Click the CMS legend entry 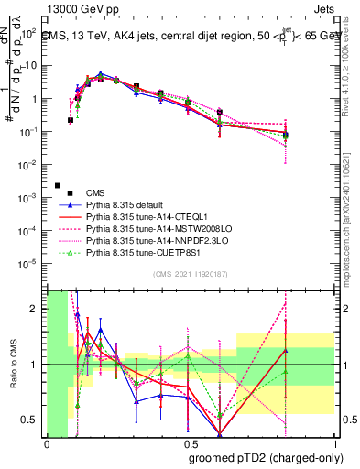(x=95, y=192)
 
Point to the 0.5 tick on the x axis (x=188, y=444)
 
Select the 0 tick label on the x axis (x=47, y=444)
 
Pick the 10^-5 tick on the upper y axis (x=31, y=264)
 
